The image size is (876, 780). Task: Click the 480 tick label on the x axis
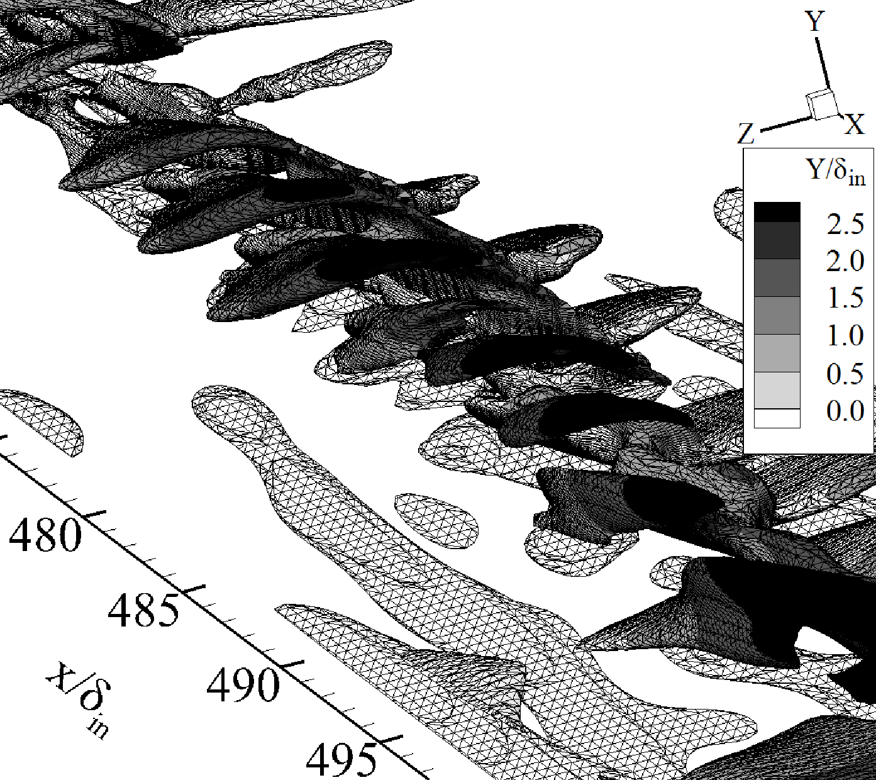[x=45, y=534]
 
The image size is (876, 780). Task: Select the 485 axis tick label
[x=143, y=610]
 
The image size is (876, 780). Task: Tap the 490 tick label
[x=242, y=685]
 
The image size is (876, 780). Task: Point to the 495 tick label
[x=340, y=760]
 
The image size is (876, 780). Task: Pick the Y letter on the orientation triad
[x=814, y=21]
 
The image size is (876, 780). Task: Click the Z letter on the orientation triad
[x=745, y=133]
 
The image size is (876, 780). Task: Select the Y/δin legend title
[x=836, y=172]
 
